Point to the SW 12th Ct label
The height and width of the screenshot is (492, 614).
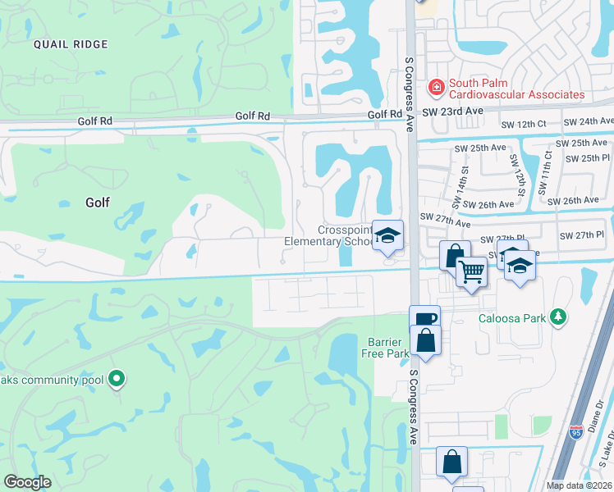pyautogui.click(x=523, y=124)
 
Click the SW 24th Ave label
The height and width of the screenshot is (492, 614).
pyautogui.click(x=588, y=121)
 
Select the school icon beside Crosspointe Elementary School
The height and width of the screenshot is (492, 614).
pyautogui.click(x=387, y=236)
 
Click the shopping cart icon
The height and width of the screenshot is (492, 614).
pyautogui.click(x=470, y=271)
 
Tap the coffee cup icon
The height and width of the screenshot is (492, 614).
pyautogui.click(x=424, y=320)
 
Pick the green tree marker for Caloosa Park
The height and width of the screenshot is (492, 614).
pyautogui.click(x=558, y=317)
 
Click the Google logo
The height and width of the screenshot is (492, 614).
pyautogui.click(x=27, y=481)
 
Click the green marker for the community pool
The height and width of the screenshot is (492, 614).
pyautogui.click(x=117, y=379)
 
